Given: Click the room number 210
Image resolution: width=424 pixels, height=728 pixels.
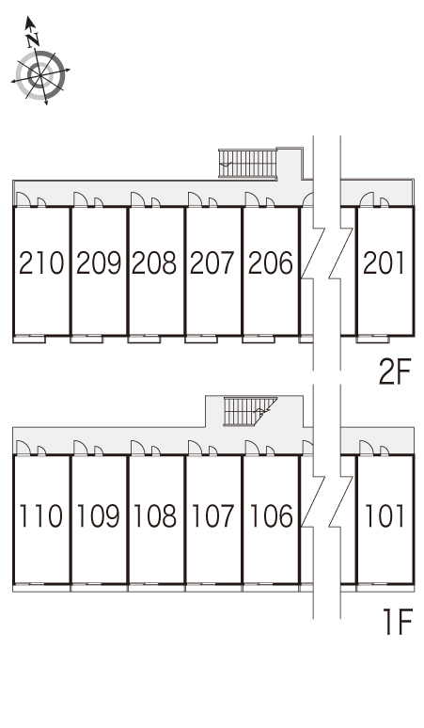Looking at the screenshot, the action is coord(41,262).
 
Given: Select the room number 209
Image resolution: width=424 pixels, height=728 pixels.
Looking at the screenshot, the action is coord(99,262).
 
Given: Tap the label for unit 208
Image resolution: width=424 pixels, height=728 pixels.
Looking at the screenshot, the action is coord(154,262).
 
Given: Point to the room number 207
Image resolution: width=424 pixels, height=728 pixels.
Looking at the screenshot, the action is coord(212,262).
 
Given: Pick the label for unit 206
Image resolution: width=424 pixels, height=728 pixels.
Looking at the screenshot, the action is coord(271,262).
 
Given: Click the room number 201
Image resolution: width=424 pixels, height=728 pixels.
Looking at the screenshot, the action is coord(384,262).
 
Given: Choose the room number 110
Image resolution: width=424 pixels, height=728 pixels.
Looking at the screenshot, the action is coord(41,515).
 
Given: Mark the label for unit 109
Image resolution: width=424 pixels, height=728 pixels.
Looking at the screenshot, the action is coord(99,515).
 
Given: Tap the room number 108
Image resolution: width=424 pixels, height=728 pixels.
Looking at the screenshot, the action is coord(155,515).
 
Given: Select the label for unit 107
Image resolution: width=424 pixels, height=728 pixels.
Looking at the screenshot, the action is coord(212,515).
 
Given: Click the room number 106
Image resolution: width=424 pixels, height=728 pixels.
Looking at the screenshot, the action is coord(271,515).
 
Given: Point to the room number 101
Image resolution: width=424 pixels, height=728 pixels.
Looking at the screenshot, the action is coord(385,515).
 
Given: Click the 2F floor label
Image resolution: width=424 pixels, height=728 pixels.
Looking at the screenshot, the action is coord(395,372).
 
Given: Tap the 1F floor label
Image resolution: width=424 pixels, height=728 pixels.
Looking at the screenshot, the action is coord(398,623).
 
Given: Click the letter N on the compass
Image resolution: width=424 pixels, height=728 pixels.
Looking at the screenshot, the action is coord(32,40).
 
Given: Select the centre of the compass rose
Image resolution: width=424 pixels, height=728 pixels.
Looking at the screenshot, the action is coord(40,74).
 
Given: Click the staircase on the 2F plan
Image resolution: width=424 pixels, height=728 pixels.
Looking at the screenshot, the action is coord(247,163).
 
